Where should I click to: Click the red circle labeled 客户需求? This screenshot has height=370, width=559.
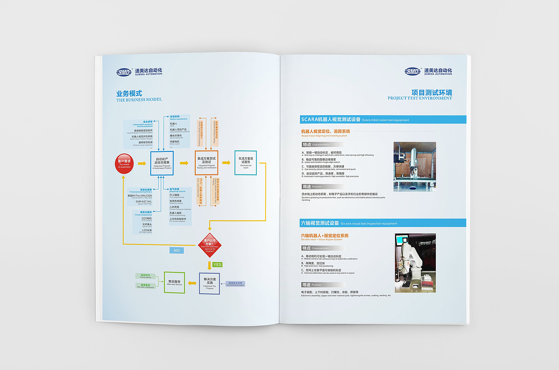124,164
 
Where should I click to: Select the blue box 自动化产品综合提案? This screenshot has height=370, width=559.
162,163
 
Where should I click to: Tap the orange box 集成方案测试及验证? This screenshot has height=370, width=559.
206,163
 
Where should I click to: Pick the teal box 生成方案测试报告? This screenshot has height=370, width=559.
245,163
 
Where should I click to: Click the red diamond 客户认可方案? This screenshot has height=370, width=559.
210,245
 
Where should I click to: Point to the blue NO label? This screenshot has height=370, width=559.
176,250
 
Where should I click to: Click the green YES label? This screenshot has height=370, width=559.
217,264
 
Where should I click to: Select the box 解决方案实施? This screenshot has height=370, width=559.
210,283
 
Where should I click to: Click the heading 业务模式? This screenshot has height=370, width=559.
129,93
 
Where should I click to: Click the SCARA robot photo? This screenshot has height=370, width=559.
414,166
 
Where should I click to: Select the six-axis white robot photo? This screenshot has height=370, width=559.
415,263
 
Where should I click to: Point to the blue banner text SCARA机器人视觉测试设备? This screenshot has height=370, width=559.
331,120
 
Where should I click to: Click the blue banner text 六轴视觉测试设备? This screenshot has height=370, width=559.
320,223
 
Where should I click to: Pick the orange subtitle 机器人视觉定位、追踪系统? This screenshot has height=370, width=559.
325,131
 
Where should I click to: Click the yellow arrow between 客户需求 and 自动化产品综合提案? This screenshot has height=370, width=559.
142,164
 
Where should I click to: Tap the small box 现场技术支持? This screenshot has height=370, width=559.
236,284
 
